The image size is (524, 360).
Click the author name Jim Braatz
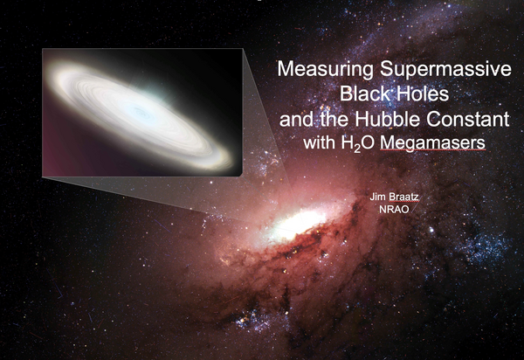[392, 200]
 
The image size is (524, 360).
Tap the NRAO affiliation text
[392, 212]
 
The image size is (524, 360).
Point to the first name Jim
[376, 200]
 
